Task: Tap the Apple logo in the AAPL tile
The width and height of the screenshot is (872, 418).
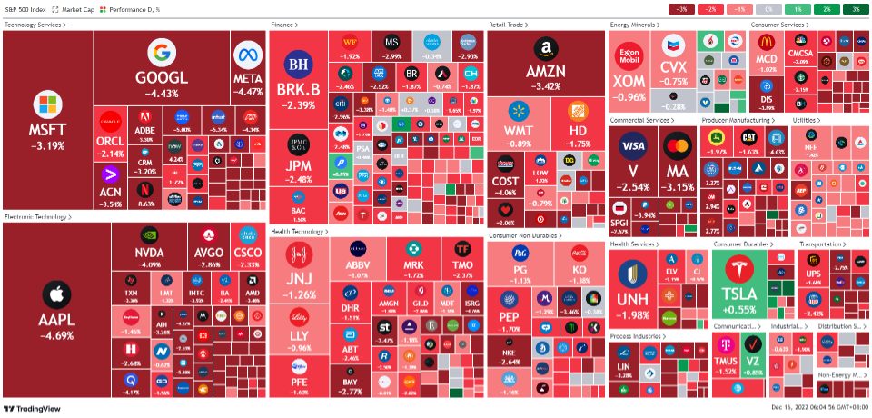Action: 56,294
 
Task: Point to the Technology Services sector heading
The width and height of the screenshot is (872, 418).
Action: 35,25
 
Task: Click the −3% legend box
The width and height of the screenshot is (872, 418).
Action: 680,9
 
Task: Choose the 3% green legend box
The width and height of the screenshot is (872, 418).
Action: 853,9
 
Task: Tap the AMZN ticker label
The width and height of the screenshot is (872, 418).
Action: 545,71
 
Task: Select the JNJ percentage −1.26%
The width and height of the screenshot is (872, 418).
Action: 300,294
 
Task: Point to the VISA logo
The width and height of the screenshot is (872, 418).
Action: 632,146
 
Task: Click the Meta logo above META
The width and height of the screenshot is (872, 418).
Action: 248,55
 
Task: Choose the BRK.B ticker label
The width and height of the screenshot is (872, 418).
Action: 299,89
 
